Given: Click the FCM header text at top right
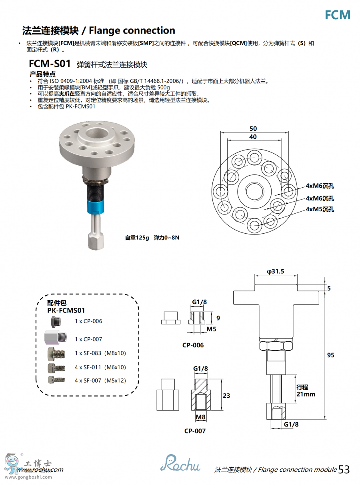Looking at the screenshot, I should click(x=337, y=15).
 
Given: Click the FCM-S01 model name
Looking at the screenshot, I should click(x=50, y=64).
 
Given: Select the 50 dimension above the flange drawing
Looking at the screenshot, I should click(x=253, y=129).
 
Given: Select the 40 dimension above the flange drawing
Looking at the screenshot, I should click(x=253, y=137).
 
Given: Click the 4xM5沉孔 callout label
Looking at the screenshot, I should click(x=320, y=209).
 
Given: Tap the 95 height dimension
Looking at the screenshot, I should click(x=330, y=355).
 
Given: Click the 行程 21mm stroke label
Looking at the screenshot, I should click(x=306, y=391).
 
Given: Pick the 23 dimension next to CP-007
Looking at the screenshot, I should click(x=226, y=395).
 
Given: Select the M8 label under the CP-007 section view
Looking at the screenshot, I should click(x=200, y=417).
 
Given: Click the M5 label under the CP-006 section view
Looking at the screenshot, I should click(x=211, y=329).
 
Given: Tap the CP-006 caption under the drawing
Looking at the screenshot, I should click(x=193, y=345).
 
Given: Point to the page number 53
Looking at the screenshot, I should click(x=344, y=469).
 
